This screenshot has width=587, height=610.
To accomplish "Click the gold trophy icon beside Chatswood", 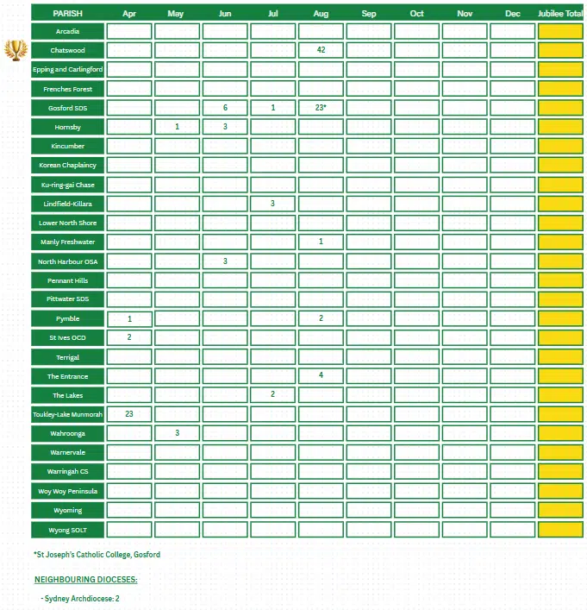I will pyautogui.click(x=16, y=50).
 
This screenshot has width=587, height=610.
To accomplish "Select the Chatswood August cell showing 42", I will pyautogui.click(x=321, y=50).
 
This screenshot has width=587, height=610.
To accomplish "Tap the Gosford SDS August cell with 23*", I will pyautogui.click(x=321, y=108).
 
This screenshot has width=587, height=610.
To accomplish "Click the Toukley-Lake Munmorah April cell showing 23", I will pyautogui.click(x=129, y=414).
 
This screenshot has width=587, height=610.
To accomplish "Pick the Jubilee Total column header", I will pyautogui.click(x=560, y=13).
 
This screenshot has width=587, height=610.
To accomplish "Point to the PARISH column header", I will pyautogui.click(x=67, y=13).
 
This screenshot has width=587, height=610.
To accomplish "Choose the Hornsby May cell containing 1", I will pyautogui.click(x=177, y=127).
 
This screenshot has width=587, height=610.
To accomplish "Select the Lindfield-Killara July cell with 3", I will pyautogui.click(x=273, y=204).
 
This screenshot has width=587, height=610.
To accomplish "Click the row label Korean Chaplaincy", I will pyautogui.click(x=67, y=165).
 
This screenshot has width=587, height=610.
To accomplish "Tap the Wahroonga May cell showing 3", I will pyautogui.click(x=177, y=433).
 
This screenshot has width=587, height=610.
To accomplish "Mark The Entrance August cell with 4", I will pyautogui.click(x=321, y=375).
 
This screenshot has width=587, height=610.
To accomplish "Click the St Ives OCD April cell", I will pyautogui.click(x=129, y=337).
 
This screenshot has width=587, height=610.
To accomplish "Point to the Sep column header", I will pyautogui.click(x=369, y=13).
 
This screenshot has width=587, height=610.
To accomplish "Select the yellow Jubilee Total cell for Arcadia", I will pyautogui.click(x=560, y=31).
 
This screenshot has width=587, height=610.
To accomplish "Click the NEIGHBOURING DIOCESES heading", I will pyautogui.click(x=85, y=579).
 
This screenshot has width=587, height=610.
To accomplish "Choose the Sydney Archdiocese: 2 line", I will pyautogui.click(x=80, y=598).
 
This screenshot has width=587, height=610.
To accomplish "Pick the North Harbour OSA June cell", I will pyautogui.click(x=225, y=261).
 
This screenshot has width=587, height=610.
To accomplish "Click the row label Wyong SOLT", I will pyautogui.click(x=67, y=529).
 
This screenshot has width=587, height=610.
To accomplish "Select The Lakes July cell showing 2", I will pyautogui.click(x=273, y=395).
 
